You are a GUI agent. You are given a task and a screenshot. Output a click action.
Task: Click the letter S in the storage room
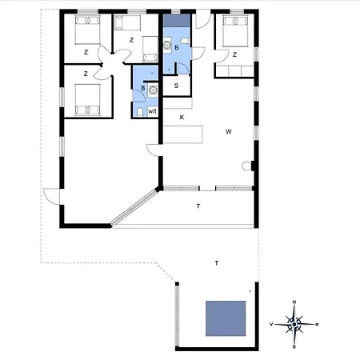(x=176, y=86)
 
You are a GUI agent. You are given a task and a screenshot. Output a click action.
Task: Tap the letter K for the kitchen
(x=182, y=117)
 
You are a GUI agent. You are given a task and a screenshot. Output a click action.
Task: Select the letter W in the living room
(x=229, y=131)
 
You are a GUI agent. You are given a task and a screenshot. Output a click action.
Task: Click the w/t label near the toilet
(x=152, y=111)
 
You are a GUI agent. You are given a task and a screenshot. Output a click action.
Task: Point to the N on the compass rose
(x=294, y=302)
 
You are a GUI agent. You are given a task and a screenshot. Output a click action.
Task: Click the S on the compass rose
(x=294, y=347)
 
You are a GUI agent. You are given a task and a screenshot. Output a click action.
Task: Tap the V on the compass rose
(x=271, y=324)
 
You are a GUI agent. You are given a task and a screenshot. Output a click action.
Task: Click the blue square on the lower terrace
(x=226, y=318)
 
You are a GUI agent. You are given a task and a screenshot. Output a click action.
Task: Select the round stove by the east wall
(x=246, y=166)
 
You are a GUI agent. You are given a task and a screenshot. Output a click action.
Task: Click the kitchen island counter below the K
(x=182, y=134)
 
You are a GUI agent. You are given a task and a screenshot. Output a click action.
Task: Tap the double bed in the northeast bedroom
(x=235, y=31)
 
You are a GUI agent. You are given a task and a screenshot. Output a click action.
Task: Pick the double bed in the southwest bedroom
(x=87, y=100)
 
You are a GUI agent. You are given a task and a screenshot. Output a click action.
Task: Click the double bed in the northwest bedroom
(x=87, y=30)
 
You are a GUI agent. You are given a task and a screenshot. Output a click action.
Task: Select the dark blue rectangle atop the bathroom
(x=177, y=20)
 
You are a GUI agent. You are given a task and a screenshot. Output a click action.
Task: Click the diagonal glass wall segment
(x=134, y=207)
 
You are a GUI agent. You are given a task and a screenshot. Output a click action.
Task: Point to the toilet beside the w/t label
(x=140, y=112)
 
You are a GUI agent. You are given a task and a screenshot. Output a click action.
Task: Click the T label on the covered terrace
(x=198, y=206)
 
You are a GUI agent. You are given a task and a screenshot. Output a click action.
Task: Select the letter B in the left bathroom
(x=143, y=88)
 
